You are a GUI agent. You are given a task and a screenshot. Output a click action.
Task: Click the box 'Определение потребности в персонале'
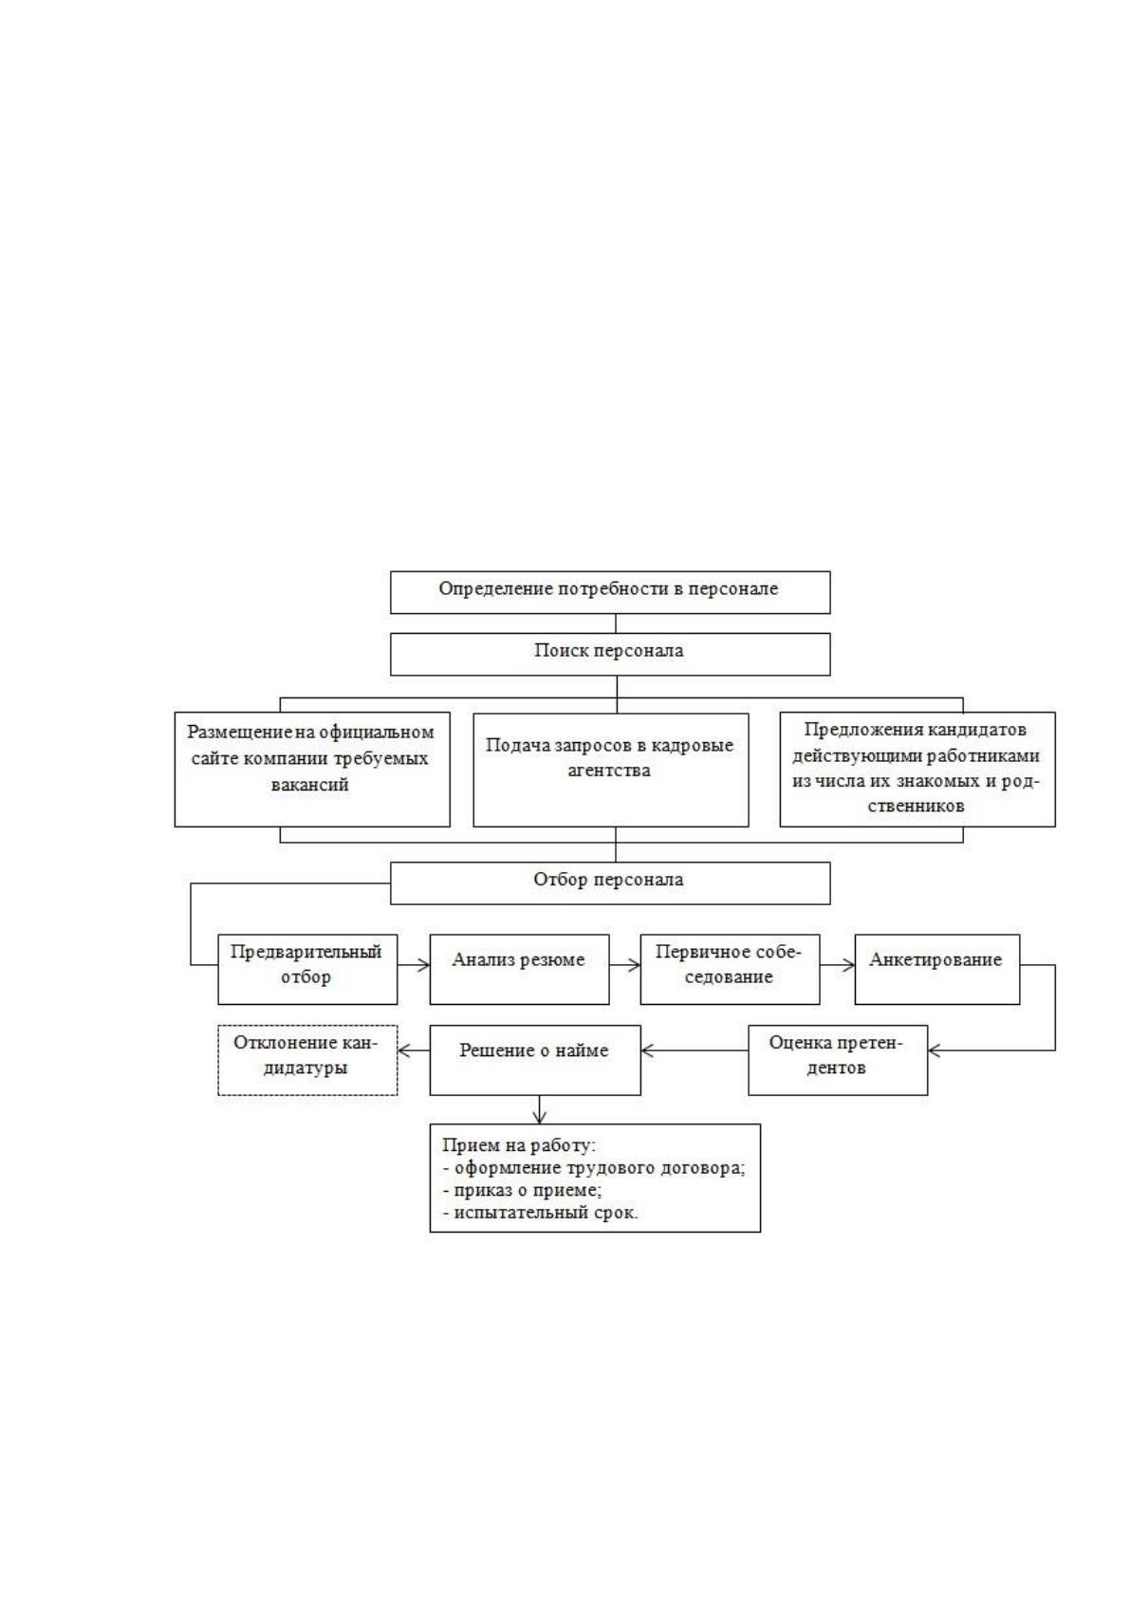point(610,592)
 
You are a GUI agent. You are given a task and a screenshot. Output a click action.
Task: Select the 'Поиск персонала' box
point(610,654)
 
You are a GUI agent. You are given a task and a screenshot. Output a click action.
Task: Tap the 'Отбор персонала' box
point(610,883)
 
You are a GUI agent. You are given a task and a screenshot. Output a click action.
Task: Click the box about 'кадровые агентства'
point(611,770)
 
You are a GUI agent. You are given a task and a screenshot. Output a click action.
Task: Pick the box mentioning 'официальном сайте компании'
point(312,769)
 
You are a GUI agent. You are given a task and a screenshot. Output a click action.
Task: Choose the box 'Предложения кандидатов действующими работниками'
point(917,769)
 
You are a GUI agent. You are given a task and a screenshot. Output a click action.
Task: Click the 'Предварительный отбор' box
point(307,970)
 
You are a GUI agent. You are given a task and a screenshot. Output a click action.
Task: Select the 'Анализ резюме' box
point(519,970)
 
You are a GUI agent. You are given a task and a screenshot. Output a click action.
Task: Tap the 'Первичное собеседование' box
point(730,970)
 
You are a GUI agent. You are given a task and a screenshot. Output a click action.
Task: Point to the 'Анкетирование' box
point(937,970)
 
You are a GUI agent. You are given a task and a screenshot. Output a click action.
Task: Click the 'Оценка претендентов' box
point(838,1060)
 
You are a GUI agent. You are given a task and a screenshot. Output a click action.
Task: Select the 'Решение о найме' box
point(535,1060)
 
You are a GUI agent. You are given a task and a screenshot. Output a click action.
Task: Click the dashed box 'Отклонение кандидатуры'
point(307,1060)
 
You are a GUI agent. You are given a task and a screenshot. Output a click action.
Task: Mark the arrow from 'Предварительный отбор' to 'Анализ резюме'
point(414,965)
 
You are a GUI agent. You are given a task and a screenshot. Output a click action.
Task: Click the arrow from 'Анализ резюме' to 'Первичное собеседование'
point(625,965)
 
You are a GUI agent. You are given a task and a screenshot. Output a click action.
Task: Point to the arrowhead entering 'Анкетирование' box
point(849,965)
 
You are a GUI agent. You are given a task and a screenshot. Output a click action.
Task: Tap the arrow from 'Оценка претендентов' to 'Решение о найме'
point(695,1050)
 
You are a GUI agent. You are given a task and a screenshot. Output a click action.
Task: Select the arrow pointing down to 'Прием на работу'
point(540,1109)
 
